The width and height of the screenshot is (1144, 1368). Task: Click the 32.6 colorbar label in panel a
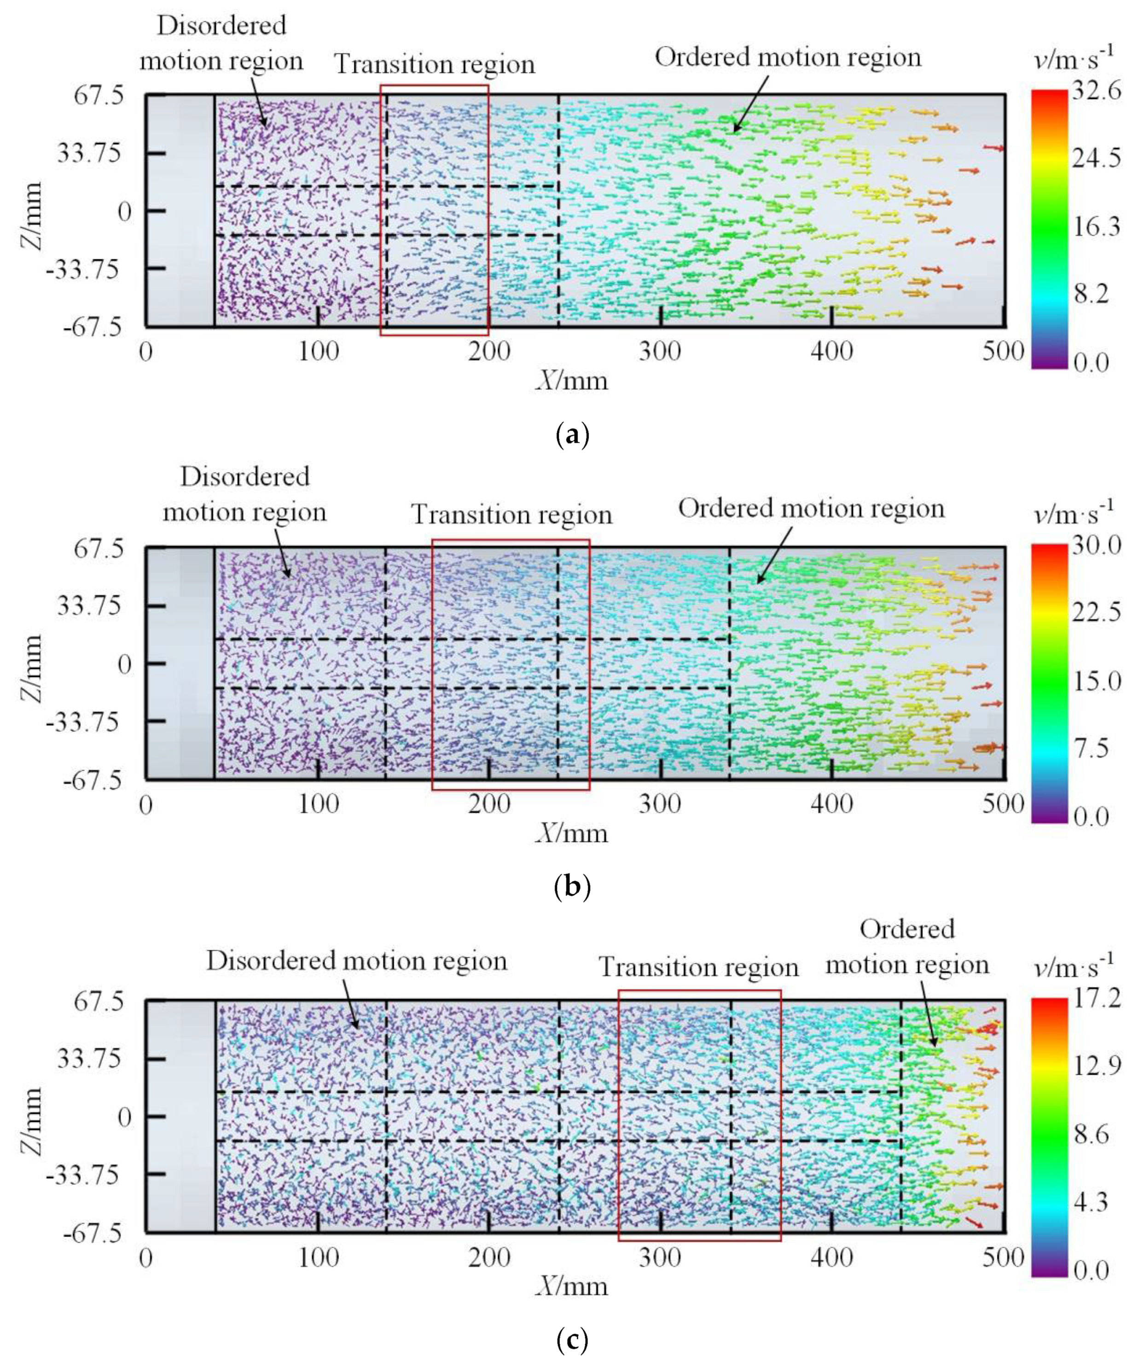[1097, 90]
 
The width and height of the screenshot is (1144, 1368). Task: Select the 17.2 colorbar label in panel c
[1097, 997]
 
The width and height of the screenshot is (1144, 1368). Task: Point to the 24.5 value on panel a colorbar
[1097, 157]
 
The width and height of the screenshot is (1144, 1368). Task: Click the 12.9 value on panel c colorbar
[1097, 1065]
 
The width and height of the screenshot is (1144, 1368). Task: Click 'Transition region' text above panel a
[435, 64]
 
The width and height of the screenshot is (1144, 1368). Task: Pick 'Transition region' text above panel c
[698, 967]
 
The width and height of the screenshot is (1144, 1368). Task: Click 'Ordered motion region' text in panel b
[811, 508]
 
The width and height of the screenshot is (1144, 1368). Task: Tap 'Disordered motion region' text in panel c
[356, 961]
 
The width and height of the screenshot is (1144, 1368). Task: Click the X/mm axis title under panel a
[571, 380]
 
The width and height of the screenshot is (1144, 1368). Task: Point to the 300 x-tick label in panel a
[660, 352]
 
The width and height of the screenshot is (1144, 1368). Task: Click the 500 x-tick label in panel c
[1003, 1257]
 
